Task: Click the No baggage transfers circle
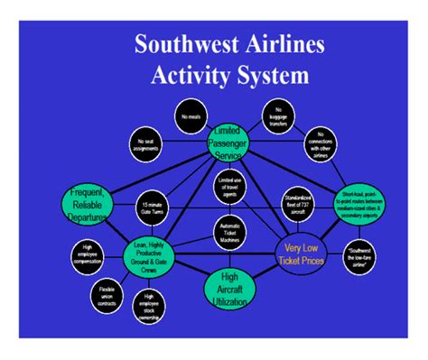click(277, 115)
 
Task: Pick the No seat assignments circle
click(147, 143)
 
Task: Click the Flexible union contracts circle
click(105, 295)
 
